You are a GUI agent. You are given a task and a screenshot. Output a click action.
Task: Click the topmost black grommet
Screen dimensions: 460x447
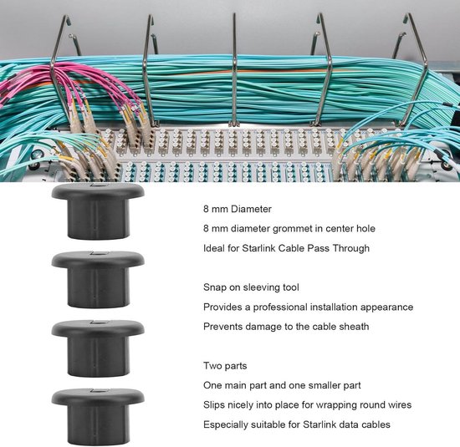98,211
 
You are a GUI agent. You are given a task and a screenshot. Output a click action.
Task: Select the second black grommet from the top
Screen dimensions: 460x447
98,280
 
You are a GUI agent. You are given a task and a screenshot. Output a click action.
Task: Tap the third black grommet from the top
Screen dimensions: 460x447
98,348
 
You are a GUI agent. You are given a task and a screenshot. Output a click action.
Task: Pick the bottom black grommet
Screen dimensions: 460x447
98,417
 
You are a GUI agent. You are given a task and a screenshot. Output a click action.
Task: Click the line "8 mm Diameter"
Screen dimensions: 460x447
238,209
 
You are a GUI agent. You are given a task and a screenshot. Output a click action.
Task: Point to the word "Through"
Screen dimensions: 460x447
351,248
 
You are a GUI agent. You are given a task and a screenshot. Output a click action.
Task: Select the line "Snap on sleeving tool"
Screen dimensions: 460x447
251,287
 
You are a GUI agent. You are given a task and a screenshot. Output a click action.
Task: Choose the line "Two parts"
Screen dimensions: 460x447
225,366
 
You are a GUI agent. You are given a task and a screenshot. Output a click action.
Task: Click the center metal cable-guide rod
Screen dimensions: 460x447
234,70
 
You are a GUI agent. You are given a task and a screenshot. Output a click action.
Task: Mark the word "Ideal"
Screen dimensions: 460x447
214,248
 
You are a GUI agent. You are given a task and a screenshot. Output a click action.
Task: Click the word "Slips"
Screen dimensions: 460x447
214,405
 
